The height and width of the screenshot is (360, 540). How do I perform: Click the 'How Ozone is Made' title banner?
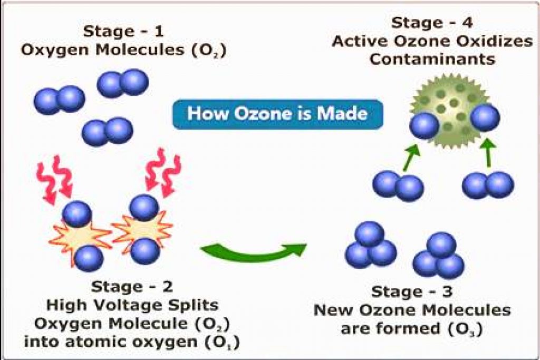click(x=277, y=114)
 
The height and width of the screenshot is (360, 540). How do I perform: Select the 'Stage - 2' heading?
click(x=132, y=287)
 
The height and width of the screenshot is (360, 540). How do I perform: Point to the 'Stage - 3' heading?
click(x=412, y=291)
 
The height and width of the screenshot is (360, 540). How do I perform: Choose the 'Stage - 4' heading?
click(x=432, y=23)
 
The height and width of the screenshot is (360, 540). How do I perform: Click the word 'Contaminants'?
click(x=432, y=59)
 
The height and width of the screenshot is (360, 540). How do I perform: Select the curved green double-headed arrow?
click(x=254, y=250)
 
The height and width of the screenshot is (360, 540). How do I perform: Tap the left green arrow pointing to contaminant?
click(x=410, y=156)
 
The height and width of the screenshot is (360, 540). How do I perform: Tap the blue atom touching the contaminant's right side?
click(x=485, y=118)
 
